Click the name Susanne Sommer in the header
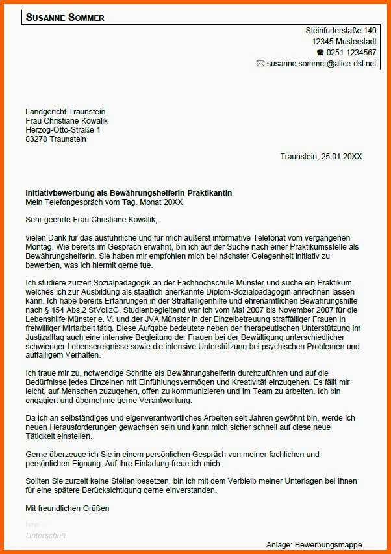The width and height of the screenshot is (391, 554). [65, 18]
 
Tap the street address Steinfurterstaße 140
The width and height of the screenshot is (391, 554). [341, 31]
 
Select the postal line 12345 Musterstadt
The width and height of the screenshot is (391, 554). [344, 42]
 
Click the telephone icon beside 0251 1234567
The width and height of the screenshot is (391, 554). [320, 53]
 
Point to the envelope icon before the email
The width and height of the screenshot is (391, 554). [260, 64]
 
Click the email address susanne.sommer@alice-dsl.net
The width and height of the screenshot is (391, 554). [322, 64]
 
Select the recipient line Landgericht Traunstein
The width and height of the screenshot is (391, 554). [65, 112]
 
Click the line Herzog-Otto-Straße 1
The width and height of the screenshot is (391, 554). [63, 130]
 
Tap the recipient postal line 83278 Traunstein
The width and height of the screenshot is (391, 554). [55, 139]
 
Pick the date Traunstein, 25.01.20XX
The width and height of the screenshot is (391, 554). [321, 157]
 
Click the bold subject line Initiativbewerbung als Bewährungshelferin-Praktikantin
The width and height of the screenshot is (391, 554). [128, 193]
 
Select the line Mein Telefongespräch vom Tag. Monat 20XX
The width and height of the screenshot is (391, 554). [104, 202]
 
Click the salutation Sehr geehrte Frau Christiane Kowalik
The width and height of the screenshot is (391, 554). [91, 220]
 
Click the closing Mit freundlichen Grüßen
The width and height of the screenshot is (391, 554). [68, 507]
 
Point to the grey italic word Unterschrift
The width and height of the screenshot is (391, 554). [45, 536]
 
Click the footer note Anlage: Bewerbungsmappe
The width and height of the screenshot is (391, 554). [314, 544]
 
